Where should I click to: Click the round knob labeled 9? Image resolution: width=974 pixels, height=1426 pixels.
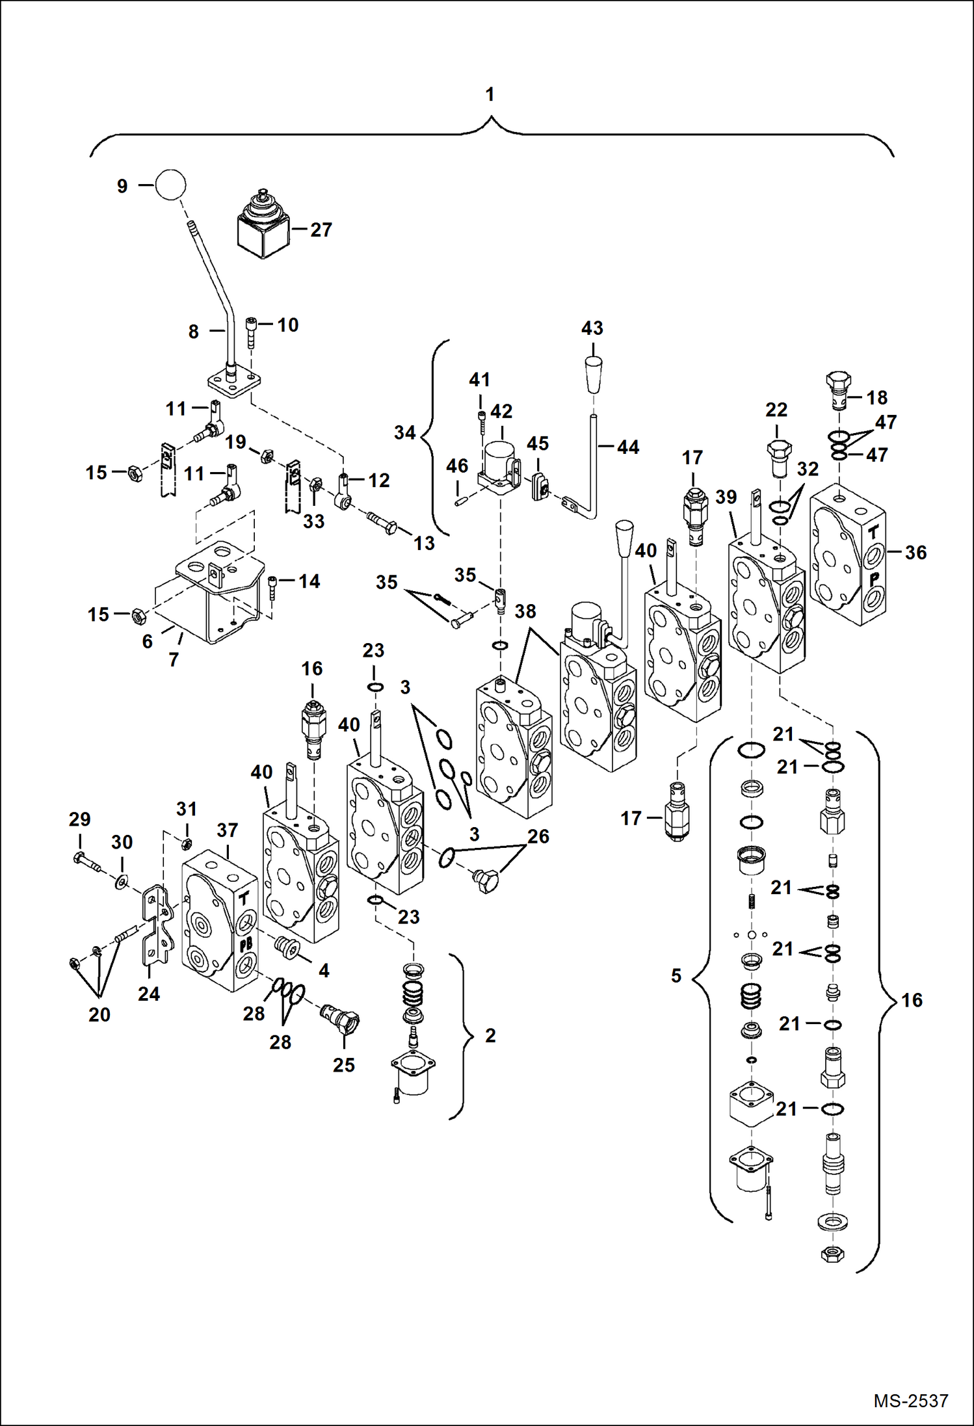point(170,185)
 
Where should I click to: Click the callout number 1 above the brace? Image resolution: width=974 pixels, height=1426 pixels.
point(490,94)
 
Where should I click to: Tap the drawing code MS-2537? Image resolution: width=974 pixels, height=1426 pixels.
point(910,1400)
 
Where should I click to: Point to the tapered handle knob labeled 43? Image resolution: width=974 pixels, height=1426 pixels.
point(592,375)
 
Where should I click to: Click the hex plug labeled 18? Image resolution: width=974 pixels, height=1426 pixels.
point(838,389)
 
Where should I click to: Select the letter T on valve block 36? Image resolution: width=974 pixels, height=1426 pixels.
point(873,531)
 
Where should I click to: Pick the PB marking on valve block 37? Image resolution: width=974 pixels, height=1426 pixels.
point(246,945)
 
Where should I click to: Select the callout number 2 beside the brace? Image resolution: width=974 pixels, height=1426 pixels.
point(490,1035)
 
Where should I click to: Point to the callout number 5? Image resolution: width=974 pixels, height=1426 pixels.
point(676,975)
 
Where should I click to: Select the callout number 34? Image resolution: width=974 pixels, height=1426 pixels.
point(404,432)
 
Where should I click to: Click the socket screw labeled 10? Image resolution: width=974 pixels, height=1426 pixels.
point(252,332)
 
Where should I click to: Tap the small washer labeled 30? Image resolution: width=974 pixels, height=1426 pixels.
point(121,882)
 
